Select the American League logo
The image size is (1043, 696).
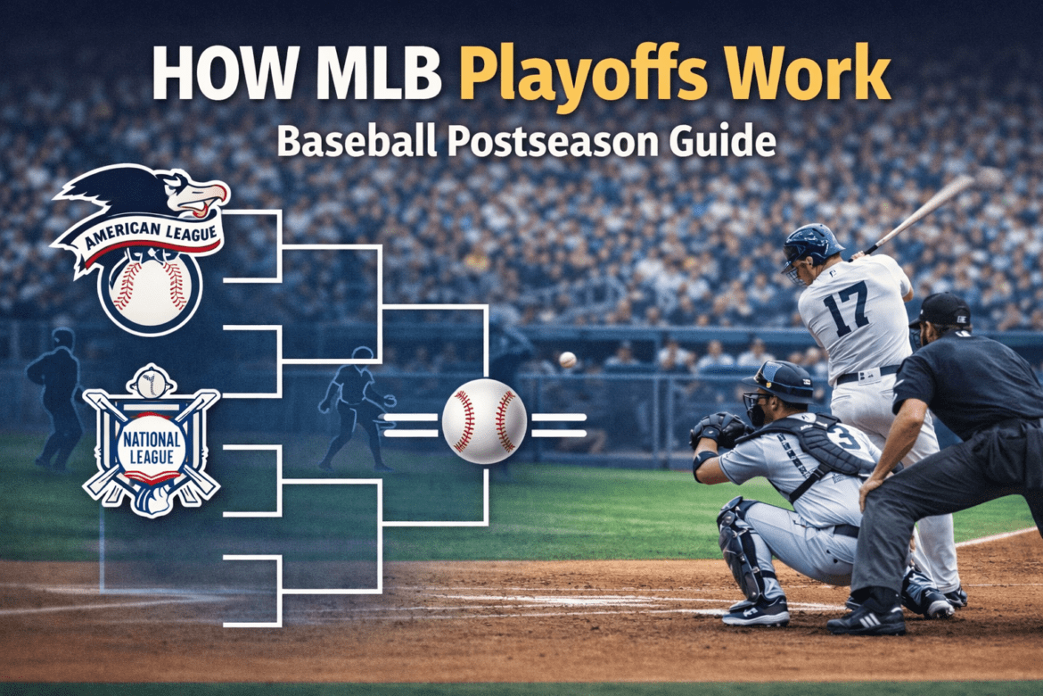[x=143, y=245]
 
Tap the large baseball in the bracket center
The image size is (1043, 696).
[x=484, y=420]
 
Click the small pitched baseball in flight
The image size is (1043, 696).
[x=567, y=360]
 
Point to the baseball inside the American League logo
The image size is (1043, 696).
[x=149, y=290]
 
